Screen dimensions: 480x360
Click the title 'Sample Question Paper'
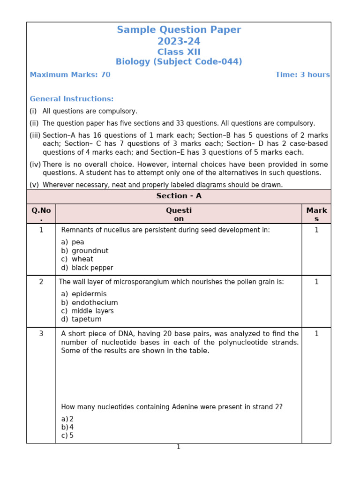click(179, 30)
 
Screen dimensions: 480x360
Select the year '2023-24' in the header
click(179, 42)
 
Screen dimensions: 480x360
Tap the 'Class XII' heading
click(179, 52)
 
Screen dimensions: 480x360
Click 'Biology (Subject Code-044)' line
click(179, 62)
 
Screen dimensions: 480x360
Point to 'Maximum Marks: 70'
click(70, 75)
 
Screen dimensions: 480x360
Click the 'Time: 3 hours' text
click(302, 75)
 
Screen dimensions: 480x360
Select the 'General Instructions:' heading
click(71, 99)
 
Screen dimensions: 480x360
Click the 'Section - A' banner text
click(179, 196)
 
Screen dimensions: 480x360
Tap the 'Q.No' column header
click(41, 210)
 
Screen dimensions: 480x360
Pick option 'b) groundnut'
click(85, 251)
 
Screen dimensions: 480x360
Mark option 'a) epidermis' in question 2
click(84, 294)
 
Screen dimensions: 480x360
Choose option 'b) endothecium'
click(90, 303)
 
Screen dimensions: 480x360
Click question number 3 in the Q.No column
click(41, 334)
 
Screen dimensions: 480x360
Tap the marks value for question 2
click(316, 282)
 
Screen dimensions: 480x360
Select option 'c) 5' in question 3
click(67, 435)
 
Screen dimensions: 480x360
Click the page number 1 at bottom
click(179, 447)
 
